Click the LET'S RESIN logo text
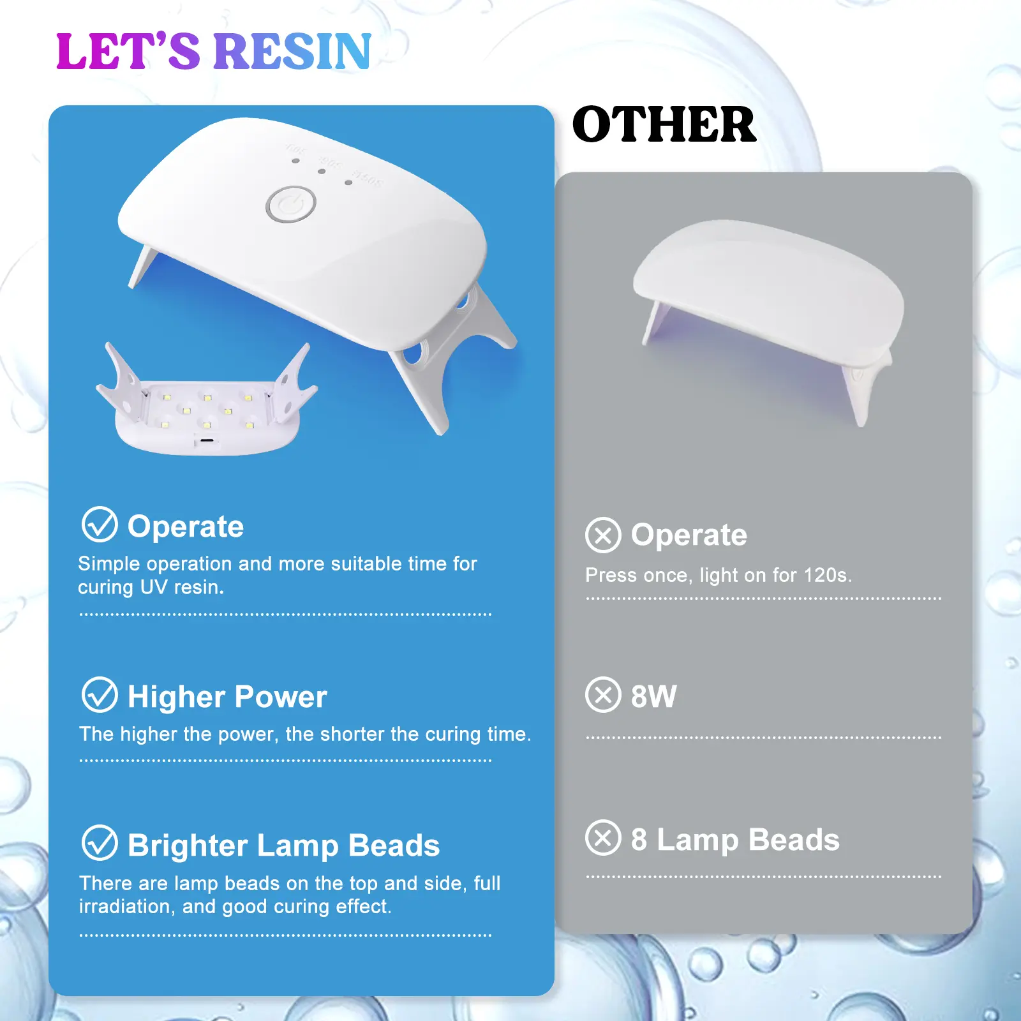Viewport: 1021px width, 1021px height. tap(214, 51)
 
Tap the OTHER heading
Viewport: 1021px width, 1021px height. tap(664, 124)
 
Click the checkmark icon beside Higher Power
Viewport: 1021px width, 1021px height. tap(100, 694)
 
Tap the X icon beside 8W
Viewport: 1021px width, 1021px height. tap(603, 694)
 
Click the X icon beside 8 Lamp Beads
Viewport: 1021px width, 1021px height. tap(603, 837)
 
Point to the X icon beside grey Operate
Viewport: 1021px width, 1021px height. tap(603, 535)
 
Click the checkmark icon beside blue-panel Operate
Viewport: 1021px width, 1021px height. tap(100, 525)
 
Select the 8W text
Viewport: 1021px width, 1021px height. tap(653, 696)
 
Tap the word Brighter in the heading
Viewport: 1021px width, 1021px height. tap(188, 846)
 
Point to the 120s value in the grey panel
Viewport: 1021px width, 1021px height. tap(827, 575)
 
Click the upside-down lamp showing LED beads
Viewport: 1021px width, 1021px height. tap(207, 401)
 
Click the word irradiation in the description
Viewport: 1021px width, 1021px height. tap(127, 907)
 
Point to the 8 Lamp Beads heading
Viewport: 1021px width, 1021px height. tap(735, 840)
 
